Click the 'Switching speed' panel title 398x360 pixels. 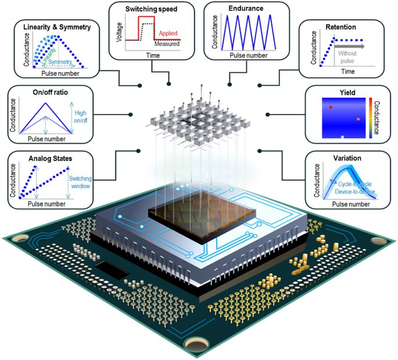point(152,9)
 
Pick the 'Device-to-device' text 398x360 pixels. point(352,192)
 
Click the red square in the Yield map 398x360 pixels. point(330,108)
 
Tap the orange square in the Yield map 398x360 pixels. point(358,119)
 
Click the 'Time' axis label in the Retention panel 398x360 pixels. point(347,71)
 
